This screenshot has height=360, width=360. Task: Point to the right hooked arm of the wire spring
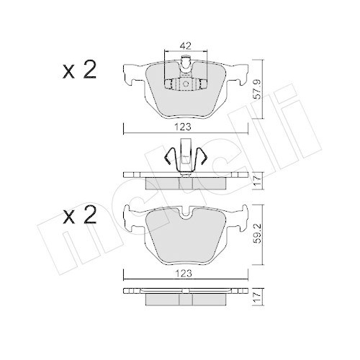pyautogui.click(x=204, y=158)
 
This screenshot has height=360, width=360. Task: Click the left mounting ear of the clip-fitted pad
pyautogui.click(x=131, y=73)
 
